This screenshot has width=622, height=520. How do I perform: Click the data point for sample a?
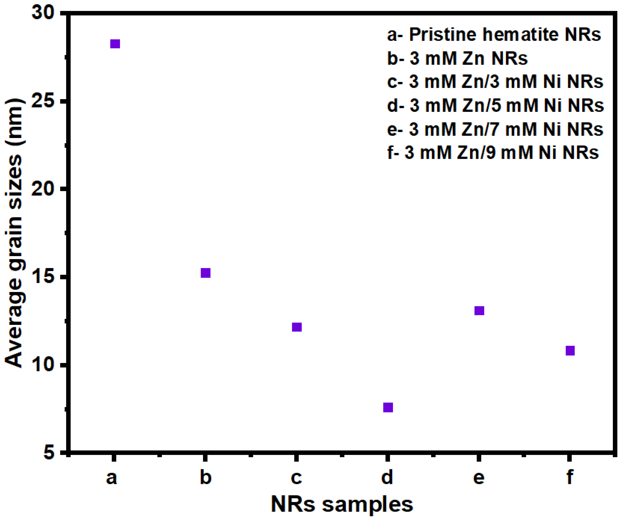coord(115,44)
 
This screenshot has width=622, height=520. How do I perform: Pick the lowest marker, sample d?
coord(388,407)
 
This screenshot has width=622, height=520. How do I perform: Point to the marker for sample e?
coord(479,311)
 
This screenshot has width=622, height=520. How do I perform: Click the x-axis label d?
coord(387,477)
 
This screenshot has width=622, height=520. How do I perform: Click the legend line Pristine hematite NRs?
coord(494,35)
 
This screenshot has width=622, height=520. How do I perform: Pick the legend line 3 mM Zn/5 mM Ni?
coord(495,105)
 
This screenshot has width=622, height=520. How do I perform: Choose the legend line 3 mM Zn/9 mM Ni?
coord(493,153)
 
